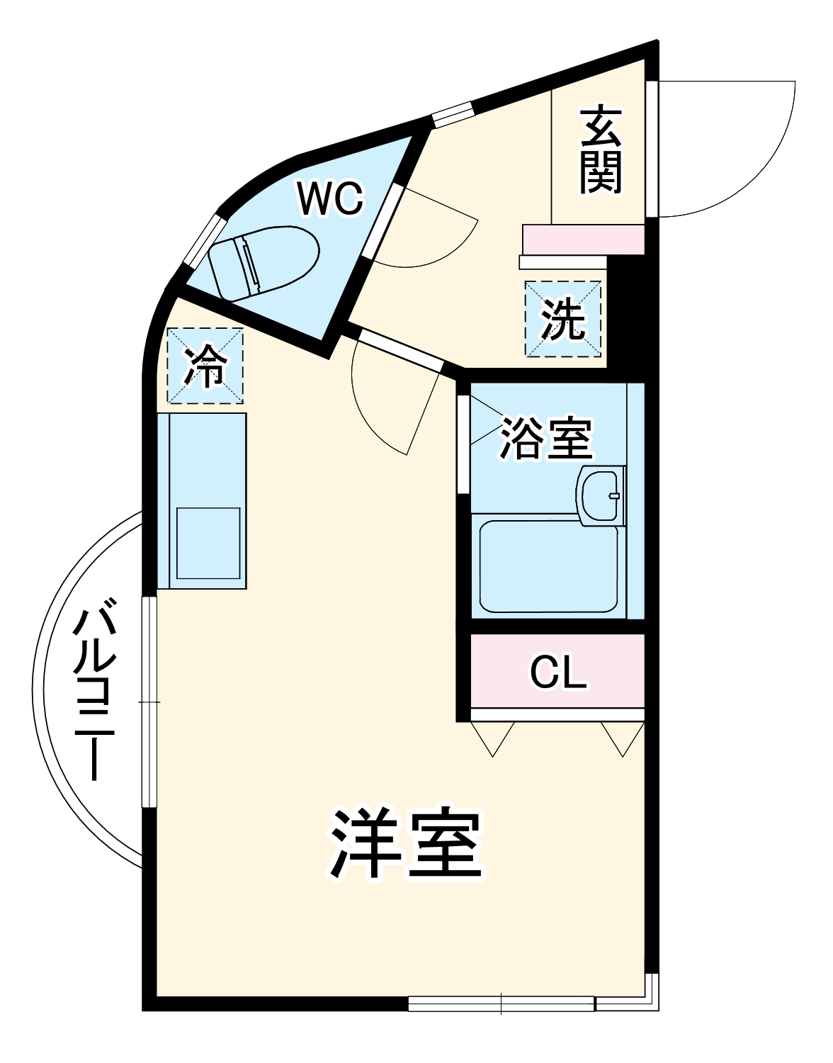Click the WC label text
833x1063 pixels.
(330, 198)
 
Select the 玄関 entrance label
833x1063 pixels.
(601, 150)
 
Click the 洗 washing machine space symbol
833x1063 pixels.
(563, 320)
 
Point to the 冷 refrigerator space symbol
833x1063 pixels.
(205, 366)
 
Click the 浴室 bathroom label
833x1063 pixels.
(545, 439)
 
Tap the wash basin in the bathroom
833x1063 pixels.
(601, 495)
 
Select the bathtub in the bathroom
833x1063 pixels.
(548, 567)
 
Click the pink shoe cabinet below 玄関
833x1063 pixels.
(583, 240)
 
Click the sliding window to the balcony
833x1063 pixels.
(149, 702)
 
